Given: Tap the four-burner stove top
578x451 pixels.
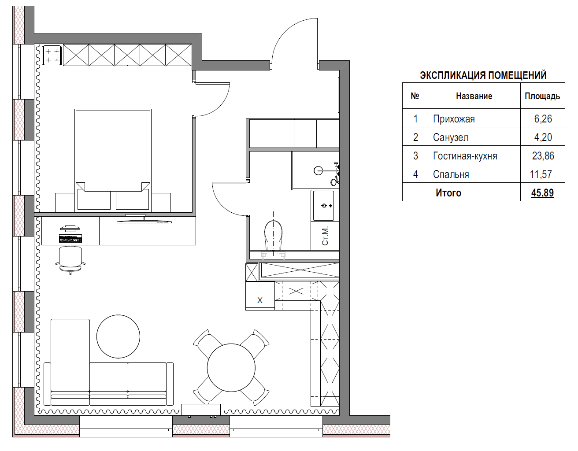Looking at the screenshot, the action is click(x=52, y=55).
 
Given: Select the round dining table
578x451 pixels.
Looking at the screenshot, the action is click(x=231, y=367).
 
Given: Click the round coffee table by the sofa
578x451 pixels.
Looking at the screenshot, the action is click(x=118, y=336).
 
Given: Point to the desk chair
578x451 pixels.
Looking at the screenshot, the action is click(x=70, y=260).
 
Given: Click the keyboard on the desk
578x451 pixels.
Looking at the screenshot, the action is click(x=70, y=239).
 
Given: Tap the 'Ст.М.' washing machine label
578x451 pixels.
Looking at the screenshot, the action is click(x=325, y=236).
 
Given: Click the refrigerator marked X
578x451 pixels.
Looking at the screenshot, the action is click(x=260, y=296).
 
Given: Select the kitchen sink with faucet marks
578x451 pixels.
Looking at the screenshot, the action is click(x=323, y=206).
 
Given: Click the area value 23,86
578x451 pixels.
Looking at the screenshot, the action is click(x=543, y=155).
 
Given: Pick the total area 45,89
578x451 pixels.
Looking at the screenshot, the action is click(x=542, y=192).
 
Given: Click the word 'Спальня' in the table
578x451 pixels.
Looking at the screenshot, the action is click(x=451, y=174).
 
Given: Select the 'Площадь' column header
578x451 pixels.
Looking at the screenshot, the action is click(x=542, y=96).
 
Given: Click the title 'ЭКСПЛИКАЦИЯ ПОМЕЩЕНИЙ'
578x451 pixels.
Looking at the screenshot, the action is click(x=483, y=75).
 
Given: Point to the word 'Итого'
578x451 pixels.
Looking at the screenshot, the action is click(x=448, y=193).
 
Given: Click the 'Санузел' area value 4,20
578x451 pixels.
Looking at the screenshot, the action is click(x=543, y=137).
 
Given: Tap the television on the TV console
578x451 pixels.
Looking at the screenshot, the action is click(x=144, y=219).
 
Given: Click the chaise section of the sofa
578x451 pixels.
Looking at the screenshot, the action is click(x=70, y=362).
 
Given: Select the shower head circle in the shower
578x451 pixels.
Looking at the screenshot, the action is click(x=318, y=170).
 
